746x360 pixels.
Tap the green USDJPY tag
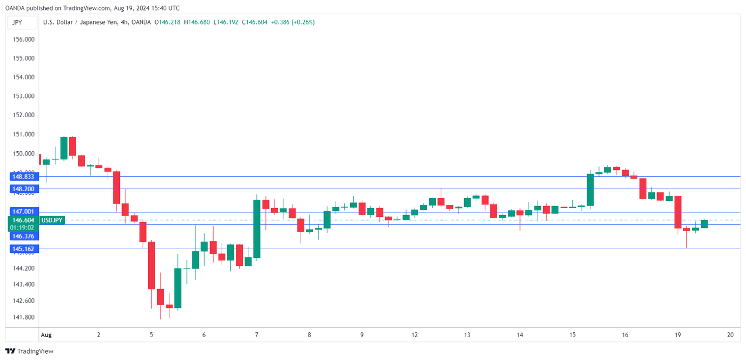tap(52, 220)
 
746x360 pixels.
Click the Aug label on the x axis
tap(46, 335)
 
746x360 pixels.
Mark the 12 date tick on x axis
tap(415, 335)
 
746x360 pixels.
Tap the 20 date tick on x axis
tap(730, 335)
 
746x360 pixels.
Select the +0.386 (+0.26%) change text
tap(293, 22)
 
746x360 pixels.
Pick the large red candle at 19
tap(678, 212)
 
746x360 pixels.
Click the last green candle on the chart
tap(704, 224)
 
